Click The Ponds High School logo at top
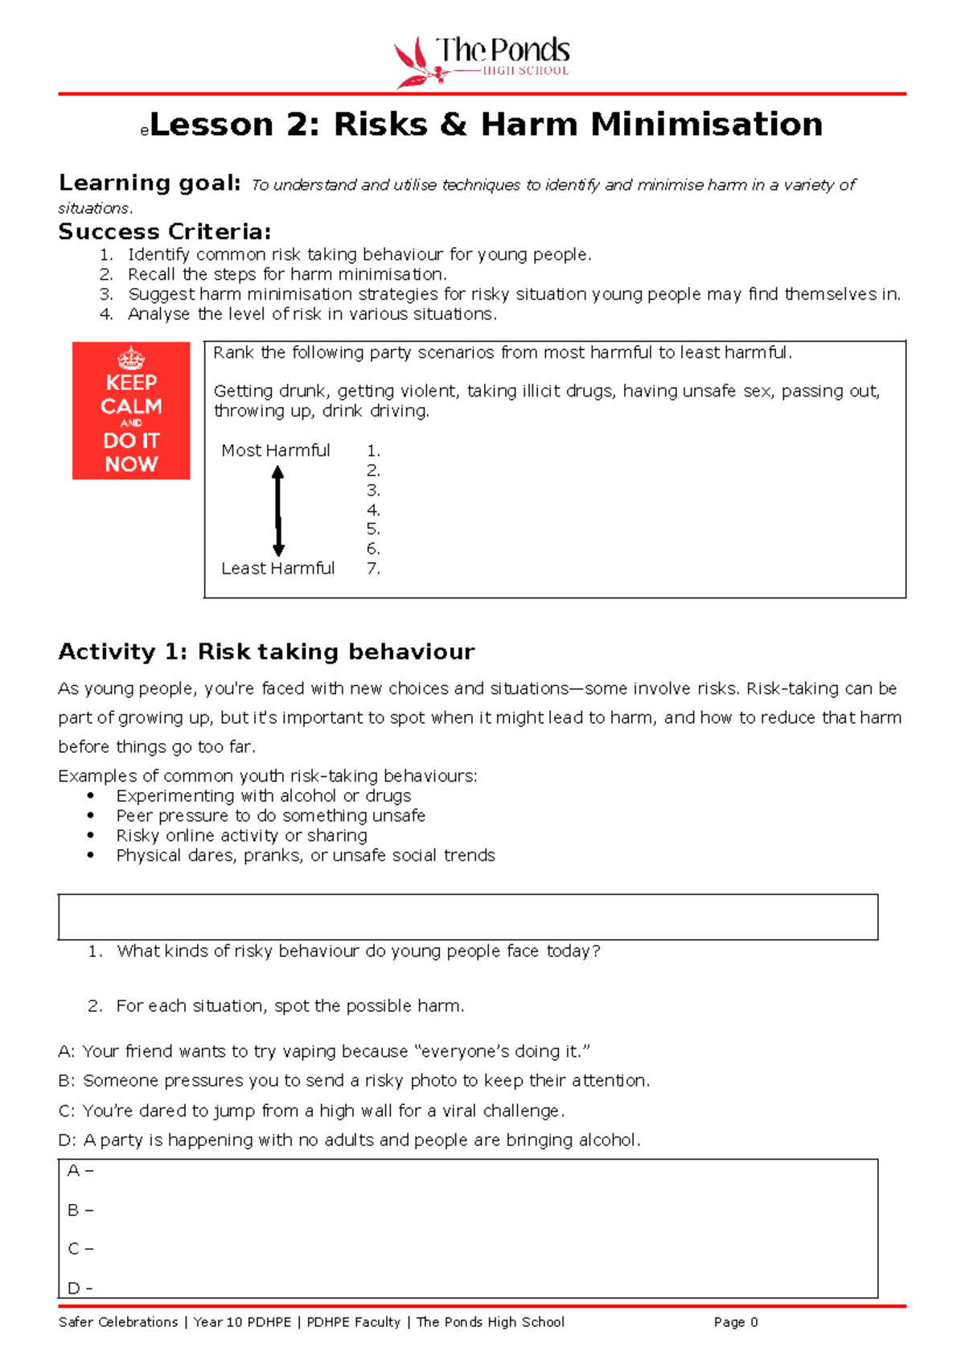482,61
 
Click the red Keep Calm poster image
131,411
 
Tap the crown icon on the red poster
131,358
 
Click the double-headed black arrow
278,511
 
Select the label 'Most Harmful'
276,450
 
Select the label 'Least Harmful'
278,569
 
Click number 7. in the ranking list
373,569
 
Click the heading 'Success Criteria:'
165,232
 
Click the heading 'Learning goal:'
150,183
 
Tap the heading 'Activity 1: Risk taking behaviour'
266,651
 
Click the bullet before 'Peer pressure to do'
91,816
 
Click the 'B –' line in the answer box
80,1210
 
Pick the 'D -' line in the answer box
80,1288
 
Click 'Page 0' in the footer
735,1322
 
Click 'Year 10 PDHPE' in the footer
242,1322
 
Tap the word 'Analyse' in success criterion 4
159,314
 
